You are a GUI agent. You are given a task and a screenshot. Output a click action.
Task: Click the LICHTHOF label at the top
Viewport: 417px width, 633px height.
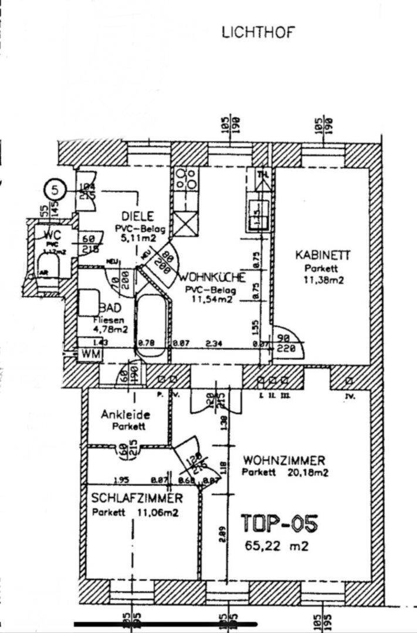pos(259,32)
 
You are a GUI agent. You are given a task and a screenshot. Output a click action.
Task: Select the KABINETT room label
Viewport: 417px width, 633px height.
pos(323,256)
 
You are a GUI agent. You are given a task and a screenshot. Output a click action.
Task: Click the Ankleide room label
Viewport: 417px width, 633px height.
pos(126,414)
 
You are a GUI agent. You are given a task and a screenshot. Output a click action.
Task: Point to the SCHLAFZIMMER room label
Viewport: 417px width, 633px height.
pos(137,499)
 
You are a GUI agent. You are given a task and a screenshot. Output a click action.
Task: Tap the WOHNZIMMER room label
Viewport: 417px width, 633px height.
pos(284,460)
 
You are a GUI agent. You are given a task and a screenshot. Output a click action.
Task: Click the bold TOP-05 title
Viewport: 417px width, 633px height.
pos(280,523)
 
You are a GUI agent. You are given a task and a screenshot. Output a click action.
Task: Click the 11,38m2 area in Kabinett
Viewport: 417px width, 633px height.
pos(323,280)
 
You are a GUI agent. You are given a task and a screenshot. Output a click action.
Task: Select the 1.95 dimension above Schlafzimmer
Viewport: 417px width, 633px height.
pos(121,481)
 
